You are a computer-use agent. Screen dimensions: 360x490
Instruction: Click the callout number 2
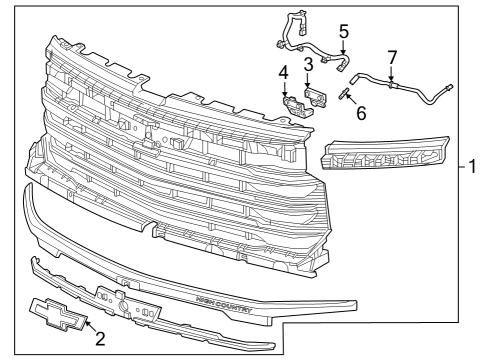pos(100,339)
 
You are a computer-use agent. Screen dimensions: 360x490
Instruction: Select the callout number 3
pos(309,65)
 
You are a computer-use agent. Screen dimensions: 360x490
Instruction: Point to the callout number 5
pos(343,31)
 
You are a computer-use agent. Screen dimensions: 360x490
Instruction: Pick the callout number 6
pos(361,112)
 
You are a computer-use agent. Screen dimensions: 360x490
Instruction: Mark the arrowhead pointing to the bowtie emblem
pos(83,323)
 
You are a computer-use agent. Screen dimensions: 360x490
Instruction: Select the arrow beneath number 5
pos(343,47)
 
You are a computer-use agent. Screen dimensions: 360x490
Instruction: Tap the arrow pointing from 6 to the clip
pos(350,101)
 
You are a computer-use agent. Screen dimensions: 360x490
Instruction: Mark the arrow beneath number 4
pos(285,88)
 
